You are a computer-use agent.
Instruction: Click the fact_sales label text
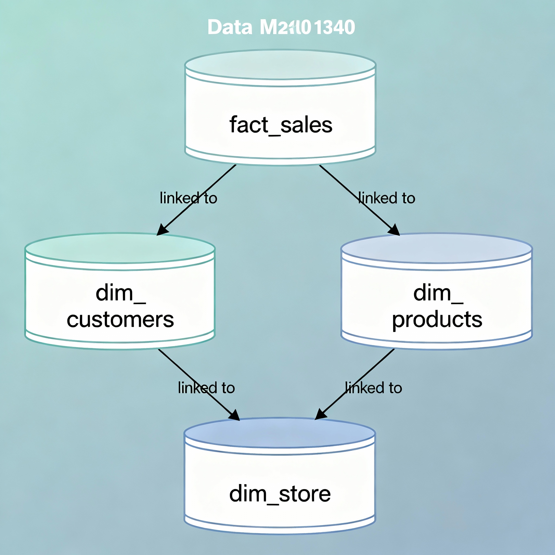[x=281, y=125]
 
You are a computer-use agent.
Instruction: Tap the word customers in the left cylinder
[x=120, y=320]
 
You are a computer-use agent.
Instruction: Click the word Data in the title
[x=230, y=27]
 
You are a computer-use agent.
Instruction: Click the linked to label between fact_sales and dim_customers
[x=188, y=198]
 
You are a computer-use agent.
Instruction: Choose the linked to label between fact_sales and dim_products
[x=386, y=198]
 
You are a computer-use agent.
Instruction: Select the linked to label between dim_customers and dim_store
[x=206, y=388]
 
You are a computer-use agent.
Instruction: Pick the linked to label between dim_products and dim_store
[x=373, y=388]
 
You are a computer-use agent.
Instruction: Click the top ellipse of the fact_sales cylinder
[x=280, y=65]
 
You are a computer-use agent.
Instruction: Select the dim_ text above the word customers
[x=120, y=293]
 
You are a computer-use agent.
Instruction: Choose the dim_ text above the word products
[x=438, y=293]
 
